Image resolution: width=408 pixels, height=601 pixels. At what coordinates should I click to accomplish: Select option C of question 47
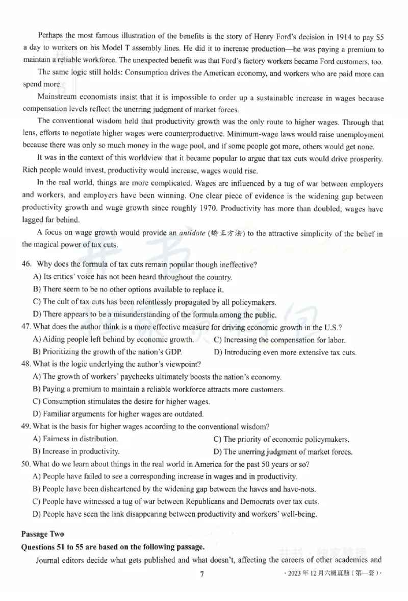[x=279, y=340]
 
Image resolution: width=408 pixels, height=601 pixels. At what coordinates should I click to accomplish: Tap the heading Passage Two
[x=42, y=534]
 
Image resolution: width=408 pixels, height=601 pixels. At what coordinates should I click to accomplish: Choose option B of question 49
[x=76, y=451]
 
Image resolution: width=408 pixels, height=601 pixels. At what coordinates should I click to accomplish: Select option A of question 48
[x=157, y=377]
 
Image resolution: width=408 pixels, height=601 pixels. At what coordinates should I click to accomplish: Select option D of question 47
[x=285, y=352]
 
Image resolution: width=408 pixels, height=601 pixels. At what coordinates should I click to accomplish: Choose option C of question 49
[x=280, y=439]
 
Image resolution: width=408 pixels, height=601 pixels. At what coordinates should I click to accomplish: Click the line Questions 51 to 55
[x=112, y=546]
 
